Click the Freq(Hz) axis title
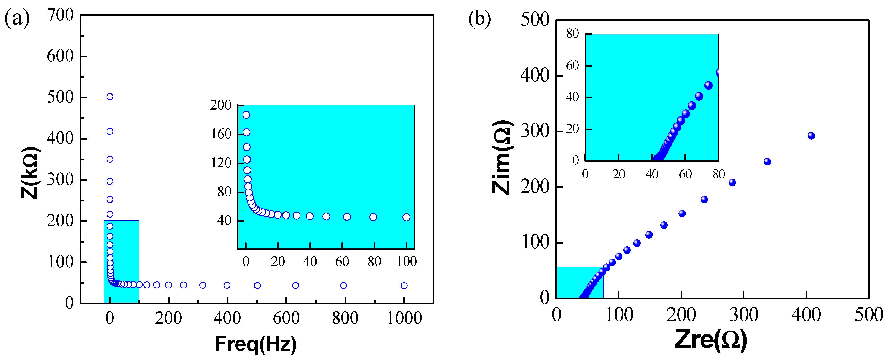click(256, 344)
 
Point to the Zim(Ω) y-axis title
click(502, 157)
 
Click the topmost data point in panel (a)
click(110, 97)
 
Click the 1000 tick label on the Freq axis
click(404, 318)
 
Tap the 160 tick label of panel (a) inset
click(221, 134)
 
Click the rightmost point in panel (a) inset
click(406, 217)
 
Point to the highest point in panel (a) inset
click(246, 115)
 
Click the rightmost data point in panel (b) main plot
click(811, 136)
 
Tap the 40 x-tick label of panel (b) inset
click(652, 174)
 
